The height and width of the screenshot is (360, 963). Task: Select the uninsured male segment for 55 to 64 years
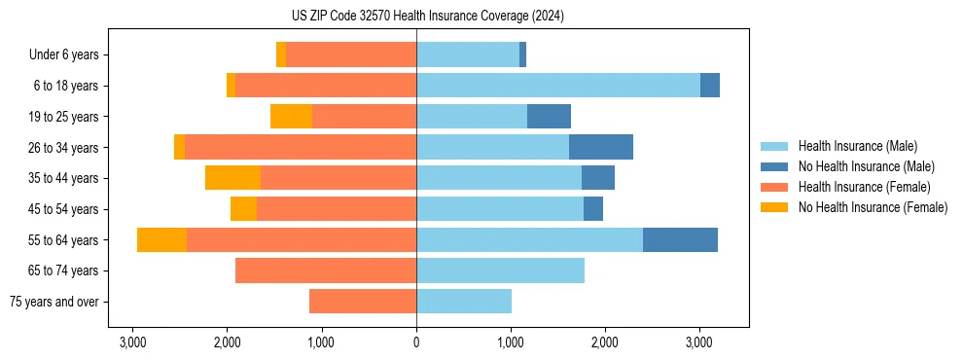pos(680,239)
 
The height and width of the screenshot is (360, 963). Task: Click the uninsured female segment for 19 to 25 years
pos(291,117)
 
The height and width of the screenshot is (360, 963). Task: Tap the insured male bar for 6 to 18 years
pos(558,86)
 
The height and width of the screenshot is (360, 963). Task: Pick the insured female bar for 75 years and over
pos(363,302)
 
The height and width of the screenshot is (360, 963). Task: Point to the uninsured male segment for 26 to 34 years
pos(601,148)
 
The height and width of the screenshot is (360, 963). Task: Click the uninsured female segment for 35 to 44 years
pos(232,178)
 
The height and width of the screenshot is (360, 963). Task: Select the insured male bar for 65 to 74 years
pos(500,270)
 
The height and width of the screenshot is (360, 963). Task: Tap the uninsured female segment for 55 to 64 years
pos(161,239)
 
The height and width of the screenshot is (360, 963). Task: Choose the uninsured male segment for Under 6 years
pos(522,55)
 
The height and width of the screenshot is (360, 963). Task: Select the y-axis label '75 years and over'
pos(53,302)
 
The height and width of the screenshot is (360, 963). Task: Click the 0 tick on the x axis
pos(416,343)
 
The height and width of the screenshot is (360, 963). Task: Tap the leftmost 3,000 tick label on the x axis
pos(132,343)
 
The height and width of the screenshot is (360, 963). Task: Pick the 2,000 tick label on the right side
pos(605,343)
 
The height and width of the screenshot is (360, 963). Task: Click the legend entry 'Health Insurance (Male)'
pos(857,146)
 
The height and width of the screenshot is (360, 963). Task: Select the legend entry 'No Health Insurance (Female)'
pos(873,207)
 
